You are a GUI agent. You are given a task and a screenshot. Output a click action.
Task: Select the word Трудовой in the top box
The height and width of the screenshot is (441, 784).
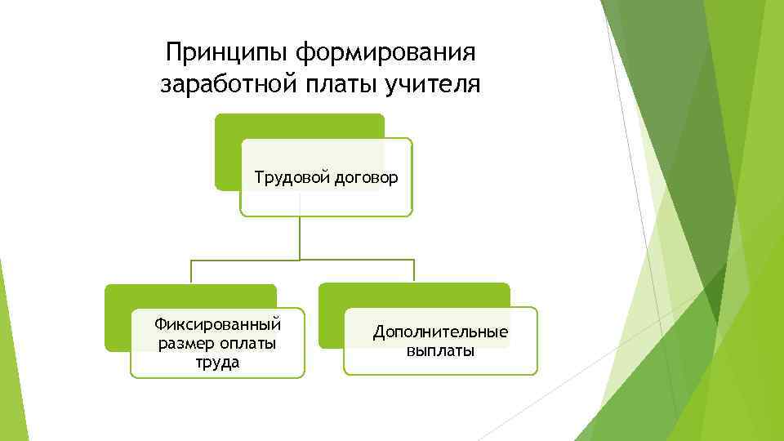(x=292, y=177)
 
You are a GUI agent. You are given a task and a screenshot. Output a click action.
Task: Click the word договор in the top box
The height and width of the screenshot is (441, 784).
(x=367, y=177)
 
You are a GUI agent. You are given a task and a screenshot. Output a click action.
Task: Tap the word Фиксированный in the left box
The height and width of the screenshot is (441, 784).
(x=217, y=324)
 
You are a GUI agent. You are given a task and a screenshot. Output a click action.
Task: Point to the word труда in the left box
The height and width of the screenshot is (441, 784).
(x=217, y=362)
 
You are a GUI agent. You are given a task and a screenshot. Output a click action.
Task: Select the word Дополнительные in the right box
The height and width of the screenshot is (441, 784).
(x=440, y=332)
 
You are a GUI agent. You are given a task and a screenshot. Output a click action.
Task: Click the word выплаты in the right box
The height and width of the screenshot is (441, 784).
(x=440, y=351)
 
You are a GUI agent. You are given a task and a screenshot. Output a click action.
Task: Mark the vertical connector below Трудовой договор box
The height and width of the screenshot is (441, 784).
(x=300, y=237)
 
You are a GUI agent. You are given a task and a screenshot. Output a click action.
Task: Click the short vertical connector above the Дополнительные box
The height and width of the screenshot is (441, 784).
(x=414, y=271)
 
